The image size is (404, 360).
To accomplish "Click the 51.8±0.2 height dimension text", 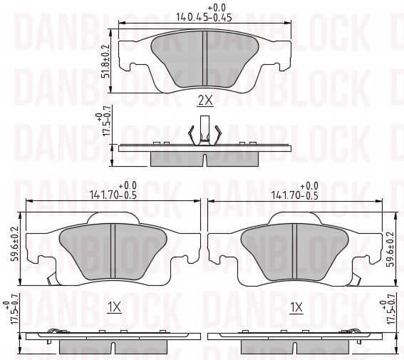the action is point(105,61).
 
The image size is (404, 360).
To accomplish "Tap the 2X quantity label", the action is point(205,101).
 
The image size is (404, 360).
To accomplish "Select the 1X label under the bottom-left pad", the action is point(115,307).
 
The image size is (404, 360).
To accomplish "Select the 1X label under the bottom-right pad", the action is point(296,307).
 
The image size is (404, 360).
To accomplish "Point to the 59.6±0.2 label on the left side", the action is point(15,244).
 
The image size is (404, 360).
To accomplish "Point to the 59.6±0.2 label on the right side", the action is point(392,249).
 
